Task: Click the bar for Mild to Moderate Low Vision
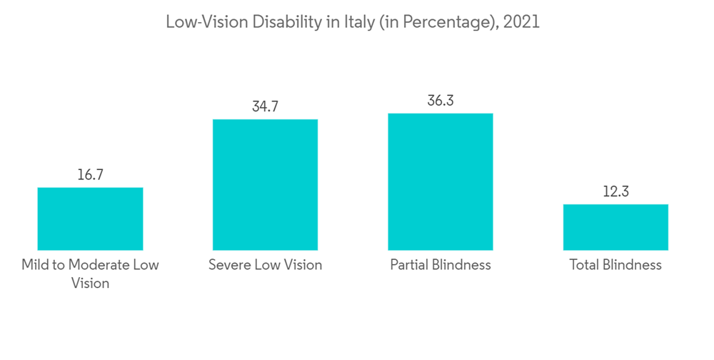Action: click(90, 219)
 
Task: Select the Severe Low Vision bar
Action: click(265, 184)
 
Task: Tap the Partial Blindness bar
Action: click(440, 181)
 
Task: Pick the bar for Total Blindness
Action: click(615, 227)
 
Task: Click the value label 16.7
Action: click(90, 174)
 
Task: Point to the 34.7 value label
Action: click(265, 106)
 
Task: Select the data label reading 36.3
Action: click(440, 101)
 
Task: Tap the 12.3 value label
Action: click(615, 191)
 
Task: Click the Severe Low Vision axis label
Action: click(265, 265)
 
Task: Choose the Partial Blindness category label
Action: click(441, 265)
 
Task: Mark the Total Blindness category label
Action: click(615, 265)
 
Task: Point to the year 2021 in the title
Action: click(521, 22)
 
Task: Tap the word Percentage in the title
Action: click(447, 23)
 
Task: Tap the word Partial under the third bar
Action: click(410, 265)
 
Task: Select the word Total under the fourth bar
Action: click(584, 265)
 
